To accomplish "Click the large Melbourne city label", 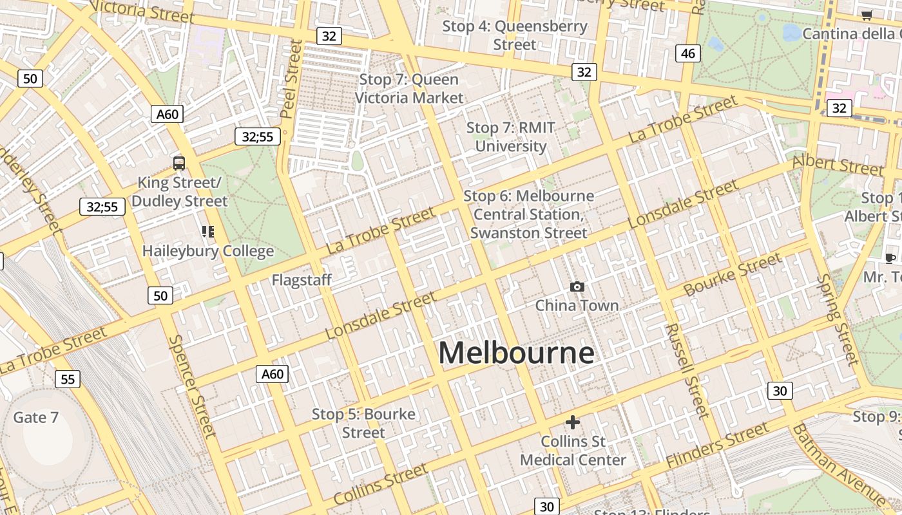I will (516, 353).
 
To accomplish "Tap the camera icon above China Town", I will (577, 286).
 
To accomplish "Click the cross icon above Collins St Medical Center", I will (572, 422).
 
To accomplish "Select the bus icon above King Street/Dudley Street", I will (179, 164).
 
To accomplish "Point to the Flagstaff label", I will (302, 280).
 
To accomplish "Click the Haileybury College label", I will (208, 251).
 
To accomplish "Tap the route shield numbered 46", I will (688, 53).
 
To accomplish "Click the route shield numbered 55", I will (68, 379).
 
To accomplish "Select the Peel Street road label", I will (291, 79).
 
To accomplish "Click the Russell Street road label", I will (687, 371).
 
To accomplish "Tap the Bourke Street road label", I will (733, 275).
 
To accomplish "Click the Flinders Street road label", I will (717, 445).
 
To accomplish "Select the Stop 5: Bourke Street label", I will (363, 423).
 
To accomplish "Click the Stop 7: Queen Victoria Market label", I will (409, 89).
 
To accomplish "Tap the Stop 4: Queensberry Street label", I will (515, 35).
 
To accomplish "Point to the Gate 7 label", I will (36, 417).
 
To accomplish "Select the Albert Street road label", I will (838, 165).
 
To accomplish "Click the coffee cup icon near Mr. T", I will (890, 259).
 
